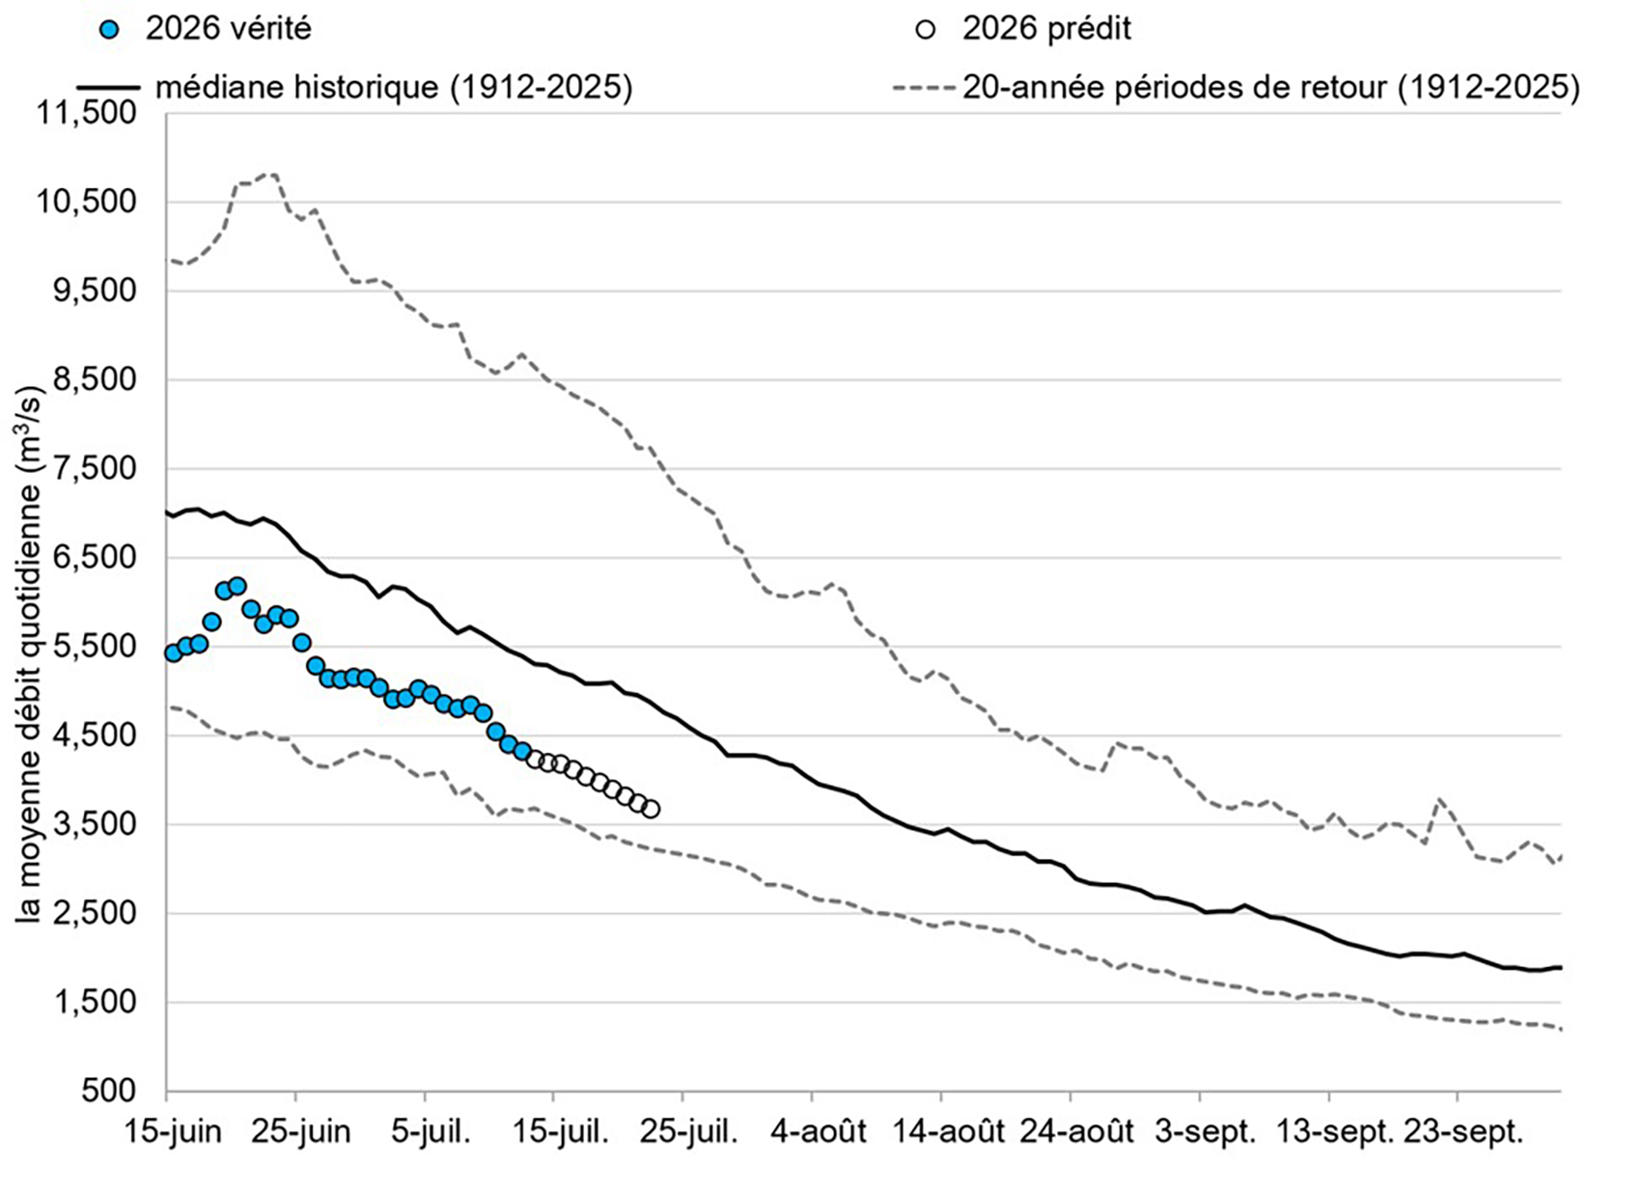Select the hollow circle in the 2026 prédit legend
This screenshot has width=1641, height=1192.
(x=926, y=30)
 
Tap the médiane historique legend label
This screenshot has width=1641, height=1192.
(x=394, y=87)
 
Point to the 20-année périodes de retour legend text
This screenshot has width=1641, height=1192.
(x=1272, y=87)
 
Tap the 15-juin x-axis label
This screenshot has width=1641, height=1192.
(x=172, y=1132)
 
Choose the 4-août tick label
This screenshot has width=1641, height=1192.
(x=819, y=1132)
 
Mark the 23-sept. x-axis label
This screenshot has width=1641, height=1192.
(x=1463, y=1132)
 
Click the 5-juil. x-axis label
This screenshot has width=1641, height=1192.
(x=431, y=1132)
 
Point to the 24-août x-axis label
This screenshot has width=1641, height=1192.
(x=1077, y=1132)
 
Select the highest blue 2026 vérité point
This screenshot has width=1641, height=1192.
(x=237, y=586)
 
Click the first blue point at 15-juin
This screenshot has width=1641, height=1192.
(x=173, y=652)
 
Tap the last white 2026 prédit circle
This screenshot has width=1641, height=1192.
(x=651, y=810)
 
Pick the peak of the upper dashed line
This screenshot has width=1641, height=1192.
(x=271, y=175)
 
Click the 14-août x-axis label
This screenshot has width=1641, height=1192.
(x=948, y=1132)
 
